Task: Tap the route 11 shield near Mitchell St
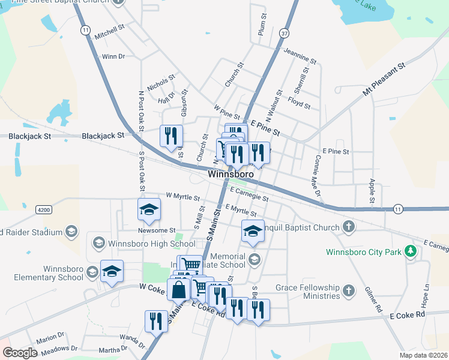pyautogui.click(x=86, y=29)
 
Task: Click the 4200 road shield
pyautogui.click(x=43, y=209)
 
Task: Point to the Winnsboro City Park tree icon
pyautogui.click(x=410, y=251)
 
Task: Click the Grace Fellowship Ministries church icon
pyautogui.click(x=348, y=292)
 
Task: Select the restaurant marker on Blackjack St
pyautogui.click(x=171, y=136)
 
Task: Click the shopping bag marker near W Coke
pyautogui.click(x=179, y=289)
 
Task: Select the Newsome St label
pyautogui.click(x=156, y=230)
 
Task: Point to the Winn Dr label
pyautogui.click(x=113, y=56)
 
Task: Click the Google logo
pyautogui.click(x=20, y=353)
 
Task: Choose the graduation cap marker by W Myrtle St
pyautogui.click(x=149, y=209)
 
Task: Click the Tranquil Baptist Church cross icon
pyautogui.click(x=348, y=227)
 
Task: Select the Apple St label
pyautogui.click(x=372, y=191)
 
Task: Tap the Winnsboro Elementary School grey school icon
pyautogui.click(x=92, y=273)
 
